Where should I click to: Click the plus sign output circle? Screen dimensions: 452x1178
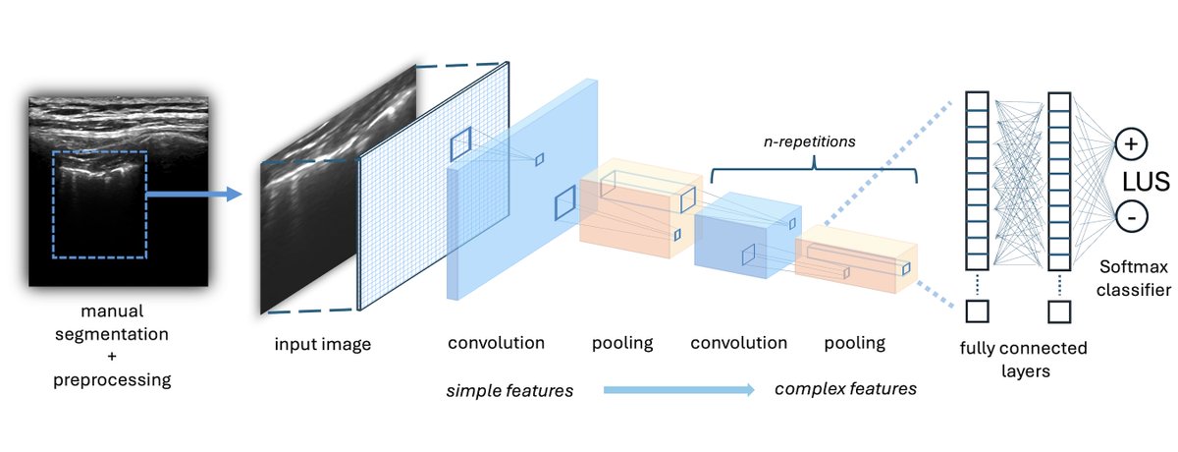[x=1129, y=144]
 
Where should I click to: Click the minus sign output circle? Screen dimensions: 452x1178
[x=1129, y=216]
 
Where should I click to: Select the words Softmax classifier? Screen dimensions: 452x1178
[x=1135, y=279]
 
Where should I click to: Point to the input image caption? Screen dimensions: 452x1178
[x=323, y=344]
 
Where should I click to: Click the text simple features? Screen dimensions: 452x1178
[x=509, y=390]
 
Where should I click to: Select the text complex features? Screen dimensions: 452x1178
[x=845, y=389]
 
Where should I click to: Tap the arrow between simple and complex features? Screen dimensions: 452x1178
[x=677, y=390]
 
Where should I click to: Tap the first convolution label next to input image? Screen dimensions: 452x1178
[x=496, y=344]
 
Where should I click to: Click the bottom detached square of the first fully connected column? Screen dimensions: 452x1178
[x=977, y=311]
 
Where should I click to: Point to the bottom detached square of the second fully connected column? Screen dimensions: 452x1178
[x=1058, y=311]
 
